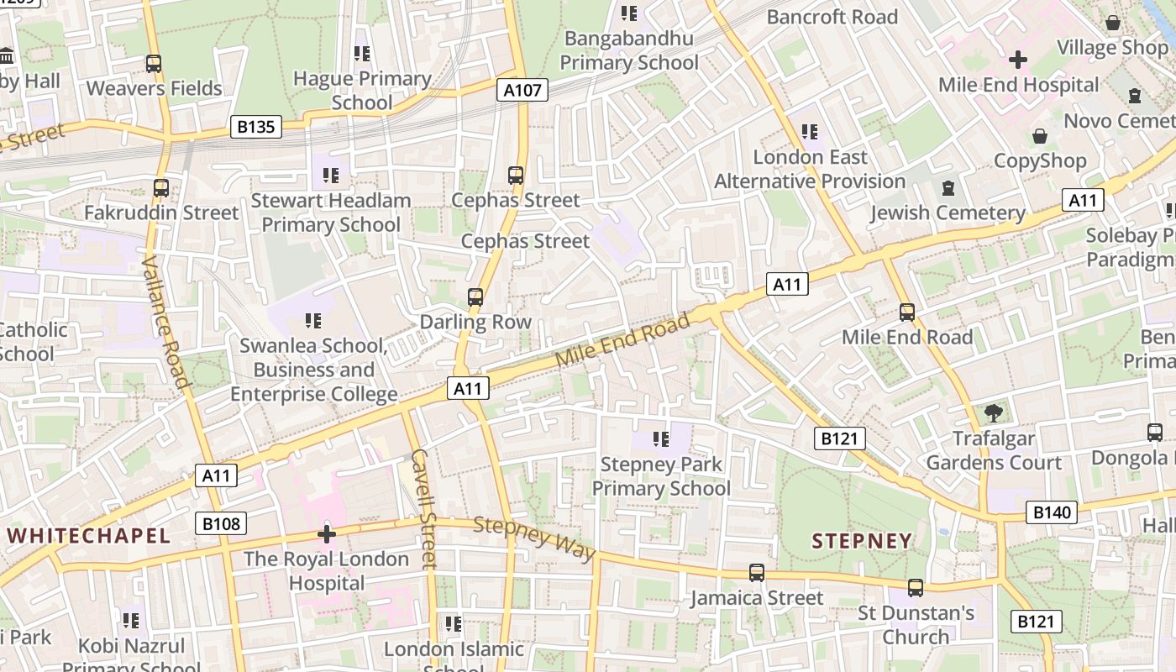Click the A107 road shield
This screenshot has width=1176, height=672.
[522, 90]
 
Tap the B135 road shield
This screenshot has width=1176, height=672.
[256, 127]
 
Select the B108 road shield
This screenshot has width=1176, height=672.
[222, 524]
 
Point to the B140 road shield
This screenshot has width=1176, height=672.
[1051, 512]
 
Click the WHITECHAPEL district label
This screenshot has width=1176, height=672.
[89, 536]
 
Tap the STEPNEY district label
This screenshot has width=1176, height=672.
[862, 541]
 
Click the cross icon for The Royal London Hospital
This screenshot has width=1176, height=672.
[327, 534]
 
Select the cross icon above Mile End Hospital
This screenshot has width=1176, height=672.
[1018, 60]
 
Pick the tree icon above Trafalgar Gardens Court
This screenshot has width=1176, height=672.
[994, 413]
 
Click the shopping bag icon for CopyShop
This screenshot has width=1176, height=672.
[1040, 136]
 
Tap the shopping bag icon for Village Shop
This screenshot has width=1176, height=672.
[1113, 23]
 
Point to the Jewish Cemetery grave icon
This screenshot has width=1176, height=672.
[948, 188]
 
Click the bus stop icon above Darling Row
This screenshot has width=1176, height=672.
[475, 297]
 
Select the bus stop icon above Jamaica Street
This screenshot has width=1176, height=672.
[757, 573]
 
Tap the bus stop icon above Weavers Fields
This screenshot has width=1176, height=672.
[154, 64]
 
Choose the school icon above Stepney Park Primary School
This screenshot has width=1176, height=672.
[661, 438]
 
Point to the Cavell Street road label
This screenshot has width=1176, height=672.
[423, 509]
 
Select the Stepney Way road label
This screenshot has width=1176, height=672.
[534, 538]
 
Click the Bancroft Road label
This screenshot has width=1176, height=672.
[832, 17]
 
